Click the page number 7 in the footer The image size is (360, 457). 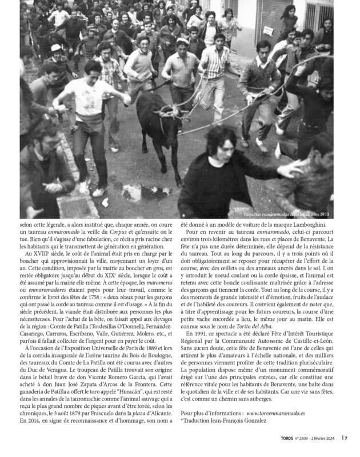[x=346, y=438]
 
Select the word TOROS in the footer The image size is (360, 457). [x=279, y=438]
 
